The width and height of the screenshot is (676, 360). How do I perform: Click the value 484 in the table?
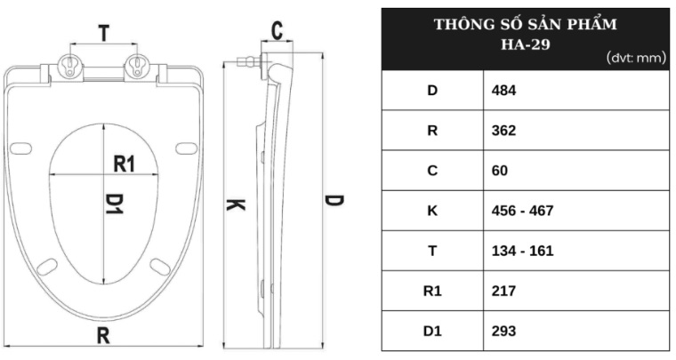click(x=503, y=91)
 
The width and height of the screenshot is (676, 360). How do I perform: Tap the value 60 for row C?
click(x=500, y=171)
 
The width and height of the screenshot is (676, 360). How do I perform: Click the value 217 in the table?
click(x=503, y=291)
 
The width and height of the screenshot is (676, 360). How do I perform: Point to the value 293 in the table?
click(x=503, y=331)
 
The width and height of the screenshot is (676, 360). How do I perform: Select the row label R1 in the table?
click(x=432, y=291)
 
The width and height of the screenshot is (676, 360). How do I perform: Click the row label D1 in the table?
click(x=432, y=331)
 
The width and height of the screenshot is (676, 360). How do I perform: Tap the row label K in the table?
click(x=432, y=211)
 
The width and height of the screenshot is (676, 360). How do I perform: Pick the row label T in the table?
click(x=432, y=251)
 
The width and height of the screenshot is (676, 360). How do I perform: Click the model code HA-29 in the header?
click(x=526, y=44)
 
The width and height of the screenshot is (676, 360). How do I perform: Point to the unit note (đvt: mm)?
click(x=636, y=57)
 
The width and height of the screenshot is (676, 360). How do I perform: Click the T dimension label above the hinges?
click(x=104, y=33)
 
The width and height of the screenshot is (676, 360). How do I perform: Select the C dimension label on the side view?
click(x=278, y=30)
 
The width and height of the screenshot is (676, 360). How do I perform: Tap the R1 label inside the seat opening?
click(x=125, y=164)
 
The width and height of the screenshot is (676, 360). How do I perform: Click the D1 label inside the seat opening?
click(x=115, y=204)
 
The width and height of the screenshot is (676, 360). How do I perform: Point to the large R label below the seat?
click(x=103, y=335)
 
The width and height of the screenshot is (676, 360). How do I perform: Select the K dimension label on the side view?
click(x=236, y=205)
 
